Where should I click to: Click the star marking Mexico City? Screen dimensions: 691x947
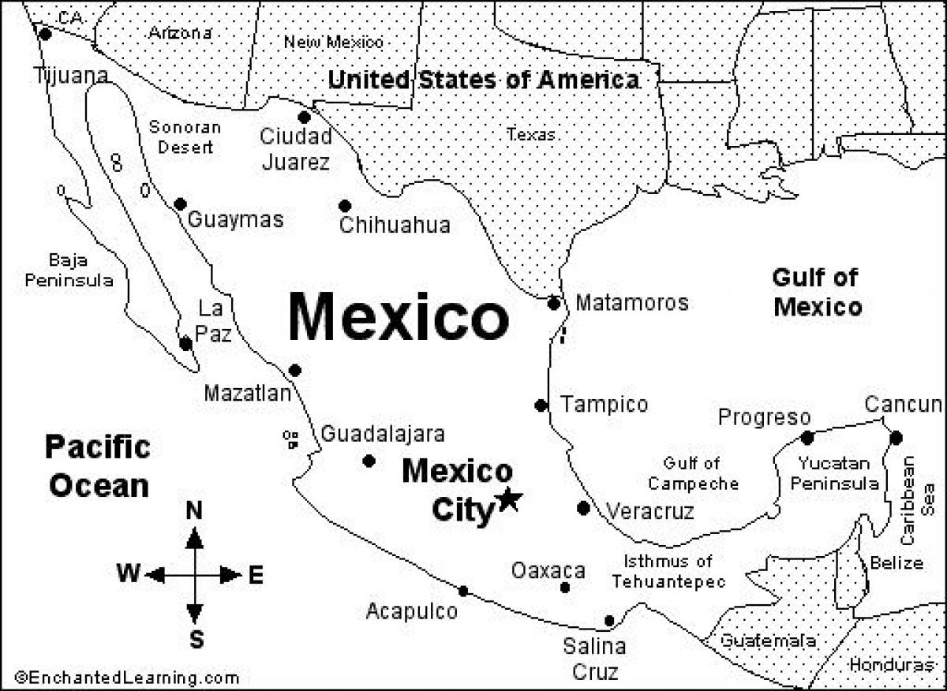509,499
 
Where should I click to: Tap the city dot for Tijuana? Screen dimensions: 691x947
45,34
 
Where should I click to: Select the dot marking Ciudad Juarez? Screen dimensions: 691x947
304,117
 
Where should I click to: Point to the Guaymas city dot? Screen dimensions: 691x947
180,204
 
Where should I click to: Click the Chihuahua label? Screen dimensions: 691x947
395,226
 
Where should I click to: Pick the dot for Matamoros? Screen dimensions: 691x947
554,303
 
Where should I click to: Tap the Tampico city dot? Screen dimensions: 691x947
541,405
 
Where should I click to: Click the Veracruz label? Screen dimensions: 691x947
650,512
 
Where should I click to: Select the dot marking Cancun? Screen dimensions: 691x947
896,437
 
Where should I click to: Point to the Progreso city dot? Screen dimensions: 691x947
807,437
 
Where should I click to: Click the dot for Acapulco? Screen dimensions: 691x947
463,591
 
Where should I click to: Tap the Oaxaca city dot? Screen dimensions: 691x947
565,588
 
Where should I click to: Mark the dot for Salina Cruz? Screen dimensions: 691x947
609,620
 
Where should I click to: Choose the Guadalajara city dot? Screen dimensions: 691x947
369,461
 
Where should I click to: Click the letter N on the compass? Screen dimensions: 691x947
194,512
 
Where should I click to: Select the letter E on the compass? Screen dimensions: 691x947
256,576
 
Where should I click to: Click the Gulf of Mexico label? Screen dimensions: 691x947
817,292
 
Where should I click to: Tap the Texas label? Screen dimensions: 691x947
531,135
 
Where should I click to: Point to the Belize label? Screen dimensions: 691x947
896,563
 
